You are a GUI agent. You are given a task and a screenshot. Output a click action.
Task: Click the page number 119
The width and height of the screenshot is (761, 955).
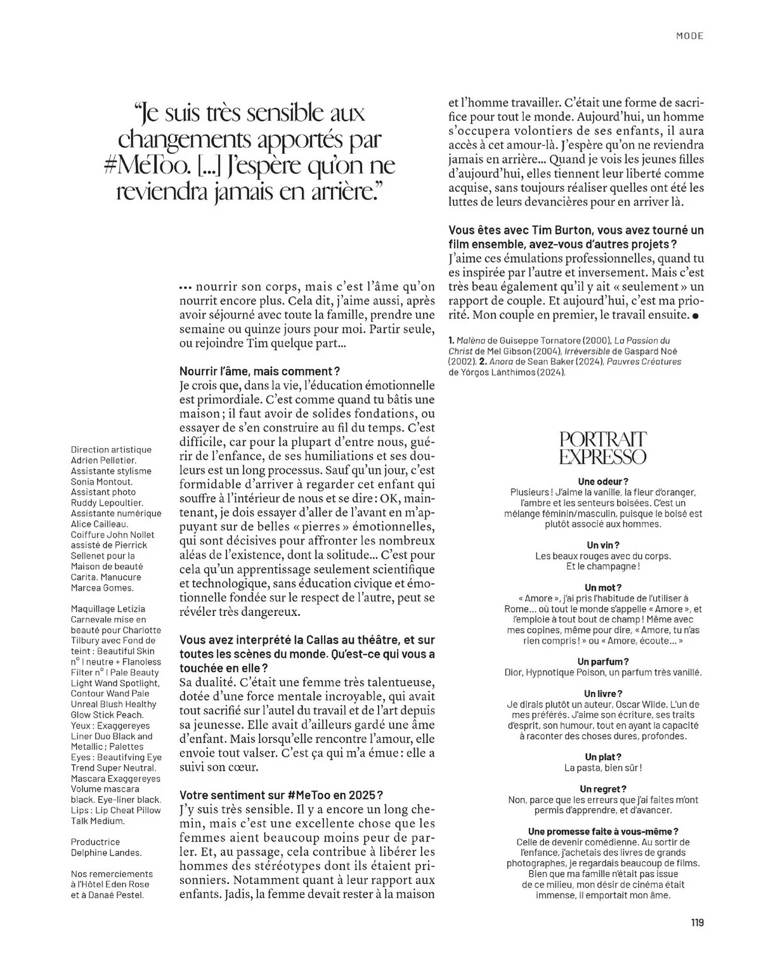coord(697,923)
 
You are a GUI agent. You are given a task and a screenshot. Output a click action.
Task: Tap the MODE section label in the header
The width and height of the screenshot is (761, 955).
coord(689,36)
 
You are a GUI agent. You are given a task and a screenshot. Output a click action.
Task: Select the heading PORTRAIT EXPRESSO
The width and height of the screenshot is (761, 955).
coord(603,448)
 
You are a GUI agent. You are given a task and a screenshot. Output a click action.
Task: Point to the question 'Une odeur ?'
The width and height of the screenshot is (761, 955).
coord(603,482)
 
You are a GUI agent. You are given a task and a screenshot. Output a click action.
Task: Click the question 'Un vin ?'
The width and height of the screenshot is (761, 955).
coord(603,545)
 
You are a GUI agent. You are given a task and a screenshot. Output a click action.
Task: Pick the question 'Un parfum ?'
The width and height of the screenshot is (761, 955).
coord(603,662)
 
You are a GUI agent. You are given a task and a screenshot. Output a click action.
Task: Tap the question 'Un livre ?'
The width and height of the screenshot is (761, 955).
coord(603,694)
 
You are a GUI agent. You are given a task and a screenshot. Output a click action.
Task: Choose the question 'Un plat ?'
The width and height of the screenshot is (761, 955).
coord(603,757)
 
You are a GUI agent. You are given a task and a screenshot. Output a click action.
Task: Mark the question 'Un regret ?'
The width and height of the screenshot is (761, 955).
coord(603,789)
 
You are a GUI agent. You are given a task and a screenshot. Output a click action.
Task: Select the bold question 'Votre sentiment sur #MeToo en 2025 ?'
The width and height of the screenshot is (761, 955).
coord(282,795)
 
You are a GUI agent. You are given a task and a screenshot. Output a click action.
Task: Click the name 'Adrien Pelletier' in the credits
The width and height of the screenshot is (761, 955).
coord(103,460)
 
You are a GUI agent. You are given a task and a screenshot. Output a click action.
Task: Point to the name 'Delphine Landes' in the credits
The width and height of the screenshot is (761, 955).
coord(106,852)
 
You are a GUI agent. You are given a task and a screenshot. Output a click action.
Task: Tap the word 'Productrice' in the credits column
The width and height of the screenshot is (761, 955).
coord(95,842)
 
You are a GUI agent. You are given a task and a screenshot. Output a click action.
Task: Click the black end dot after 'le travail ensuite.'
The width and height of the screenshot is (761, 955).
coord(696,315)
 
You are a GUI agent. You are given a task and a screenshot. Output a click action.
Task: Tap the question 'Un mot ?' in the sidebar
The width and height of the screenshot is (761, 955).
coord(603,587)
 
